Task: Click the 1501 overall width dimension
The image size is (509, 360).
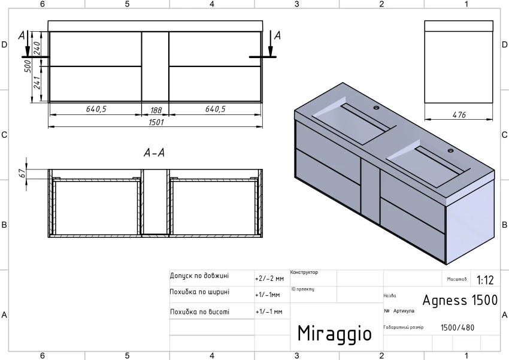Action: pos(156,122)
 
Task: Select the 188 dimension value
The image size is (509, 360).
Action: pos(156,110)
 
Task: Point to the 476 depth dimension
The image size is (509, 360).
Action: pos(459,114)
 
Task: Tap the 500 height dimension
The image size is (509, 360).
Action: pos(28,66)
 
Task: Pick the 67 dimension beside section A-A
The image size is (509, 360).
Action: pos(22,173)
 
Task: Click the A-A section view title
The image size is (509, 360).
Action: pos(154,152)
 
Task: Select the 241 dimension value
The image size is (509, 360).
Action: pos(37,83)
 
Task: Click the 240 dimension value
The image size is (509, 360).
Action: pos(37,48)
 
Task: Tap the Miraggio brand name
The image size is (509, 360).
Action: pos(335,333)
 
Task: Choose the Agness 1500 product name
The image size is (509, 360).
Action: pos(460,300)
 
